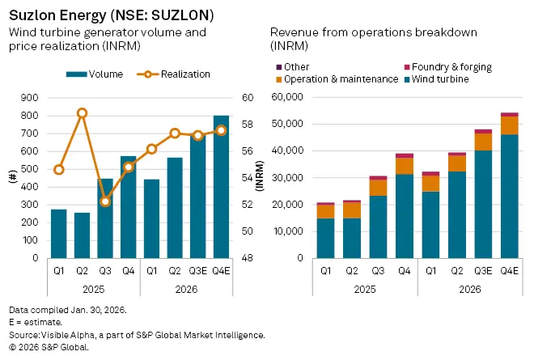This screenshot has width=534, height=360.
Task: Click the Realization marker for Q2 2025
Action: point(82,113)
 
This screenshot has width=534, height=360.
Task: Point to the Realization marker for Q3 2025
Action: point(105,201)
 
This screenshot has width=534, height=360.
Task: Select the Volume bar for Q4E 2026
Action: point(221,187)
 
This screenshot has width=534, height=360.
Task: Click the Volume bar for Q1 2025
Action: point(58,234)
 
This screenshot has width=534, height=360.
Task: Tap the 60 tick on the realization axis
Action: point(248,98)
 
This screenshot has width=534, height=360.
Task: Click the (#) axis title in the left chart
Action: point(12,178)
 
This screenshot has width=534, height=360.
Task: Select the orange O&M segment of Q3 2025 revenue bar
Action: point(378,188)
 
